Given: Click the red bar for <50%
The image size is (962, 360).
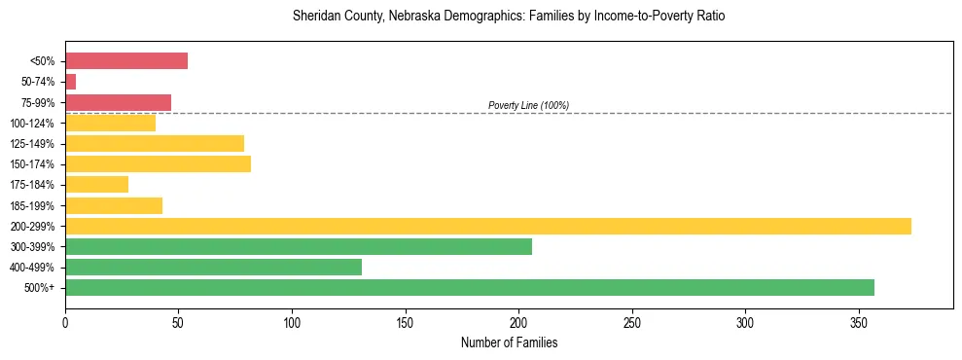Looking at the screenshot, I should click(x=126, y=61).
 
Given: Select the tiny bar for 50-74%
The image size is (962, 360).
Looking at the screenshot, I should click(x=70, y=82).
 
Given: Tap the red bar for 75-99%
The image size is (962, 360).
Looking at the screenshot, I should click(x=118, y=102).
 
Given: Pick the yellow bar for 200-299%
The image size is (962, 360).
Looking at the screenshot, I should click(x=487, y=226).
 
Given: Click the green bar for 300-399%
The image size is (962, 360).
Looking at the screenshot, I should click(x=298, y=246).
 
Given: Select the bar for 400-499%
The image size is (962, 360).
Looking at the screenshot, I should click(x=213, y=267).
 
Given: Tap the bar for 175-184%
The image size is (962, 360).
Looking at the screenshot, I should click(x=96, y=185).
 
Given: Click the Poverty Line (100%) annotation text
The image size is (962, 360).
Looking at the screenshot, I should click(x=528, y=105).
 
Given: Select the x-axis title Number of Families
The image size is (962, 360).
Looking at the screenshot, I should click(x=509, y=342).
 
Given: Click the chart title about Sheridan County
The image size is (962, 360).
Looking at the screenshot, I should click(x=509, y=17).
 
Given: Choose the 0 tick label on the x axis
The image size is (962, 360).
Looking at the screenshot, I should click(x=65, y=322).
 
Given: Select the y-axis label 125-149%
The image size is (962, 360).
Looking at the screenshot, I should click(x=32, y=144).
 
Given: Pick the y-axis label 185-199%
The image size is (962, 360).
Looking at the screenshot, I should click(x=32, y=205).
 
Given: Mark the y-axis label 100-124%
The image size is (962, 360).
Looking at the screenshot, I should click(x=32, y=124).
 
